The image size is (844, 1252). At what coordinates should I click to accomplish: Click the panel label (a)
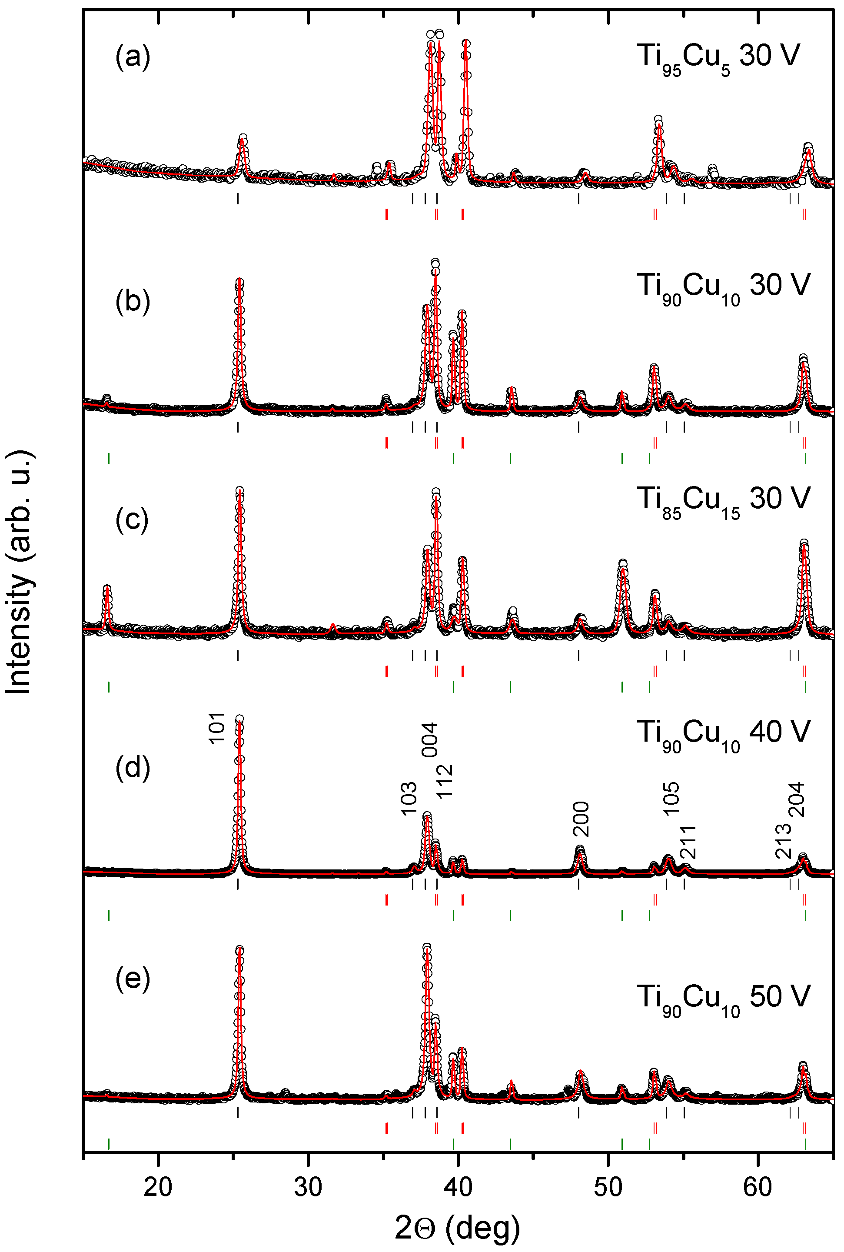coord(133,57)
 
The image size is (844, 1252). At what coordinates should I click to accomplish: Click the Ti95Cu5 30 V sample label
coord(718,58)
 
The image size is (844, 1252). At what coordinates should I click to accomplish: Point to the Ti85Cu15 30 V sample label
coord(723,501)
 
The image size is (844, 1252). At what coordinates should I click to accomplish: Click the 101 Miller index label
coord(216,728)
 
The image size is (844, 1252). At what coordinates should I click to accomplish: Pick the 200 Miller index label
coord(581,819)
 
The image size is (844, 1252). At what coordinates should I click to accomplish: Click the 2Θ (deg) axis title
coord(458,1229)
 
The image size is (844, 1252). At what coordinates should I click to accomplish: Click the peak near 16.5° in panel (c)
coord(107,589)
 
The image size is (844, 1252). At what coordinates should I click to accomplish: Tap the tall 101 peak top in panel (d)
coord(239,719)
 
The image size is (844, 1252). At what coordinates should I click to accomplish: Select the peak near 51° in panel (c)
coord(623,565)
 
